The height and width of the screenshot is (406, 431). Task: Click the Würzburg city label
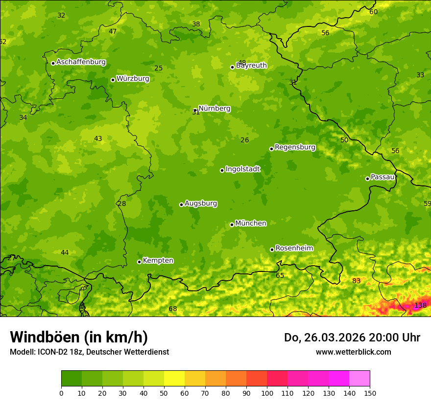[133, 79]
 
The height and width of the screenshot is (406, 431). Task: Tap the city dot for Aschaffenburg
[53, 63]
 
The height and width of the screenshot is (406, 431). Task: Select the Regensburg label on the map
[295, 147]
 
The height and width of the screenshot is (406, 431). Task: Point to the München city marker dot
[232, 225]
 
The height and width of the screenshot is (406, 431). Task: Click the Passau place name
[383, 177]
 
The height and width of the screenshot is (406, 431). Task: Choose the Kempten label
[158, 261]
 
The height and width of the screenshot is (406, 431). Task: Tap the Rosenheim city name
[294, 248]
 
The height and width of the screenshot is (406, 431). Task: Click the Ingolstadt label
[242, 169]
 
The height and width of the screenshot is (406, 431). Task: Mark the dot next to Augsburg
[181, 204]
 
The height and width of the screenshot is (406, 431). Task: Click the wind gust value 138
[420, 306]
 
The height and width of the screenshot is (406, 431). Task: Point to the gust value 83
[357, 281]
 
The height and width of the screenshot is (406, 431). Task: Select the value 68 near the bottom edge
[173, 309]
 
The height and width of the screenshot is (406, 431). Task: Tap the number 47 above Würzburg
[113, 31]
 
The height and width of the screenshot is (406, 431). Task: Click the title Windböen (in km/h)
[79, 337]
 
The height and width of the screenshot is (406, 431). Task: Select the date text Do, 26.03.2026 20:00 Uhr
[352, 338]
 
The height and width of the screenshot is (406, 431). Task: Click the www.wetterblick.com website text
[353, 352]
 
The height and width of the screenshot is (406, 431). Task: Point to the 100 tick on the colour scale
[267, 393]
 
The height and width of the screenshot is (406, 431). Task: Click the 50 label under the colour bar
[164, 393]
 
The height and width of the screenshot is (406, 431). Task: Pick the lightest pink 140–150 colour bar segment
[359, 379]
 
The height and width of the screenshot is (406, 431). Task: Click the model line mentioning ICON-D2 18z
[89, 352]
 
